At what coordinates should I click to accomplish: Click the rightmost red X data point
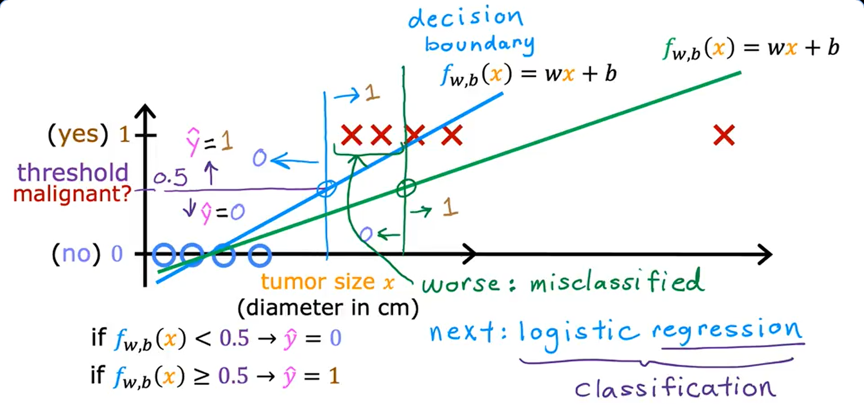[724, 135]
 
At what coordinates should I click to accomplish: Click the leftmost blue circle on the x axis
[163, 255]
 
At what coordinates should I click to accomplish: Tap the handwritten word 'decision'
[465, 18]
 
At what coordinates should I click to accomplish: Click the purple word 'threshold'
[72, 173]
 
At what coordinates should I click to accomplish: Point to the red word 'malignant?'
[72, 194]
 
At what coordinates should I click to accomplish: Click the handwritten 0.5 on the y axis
[170, 177]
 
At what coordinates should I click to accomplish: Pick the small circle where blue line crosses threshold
[326, 188]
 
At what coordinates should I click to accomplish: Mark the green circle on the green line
[406, 188]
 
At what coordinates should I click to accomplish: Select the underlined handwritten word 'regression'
[727, 331]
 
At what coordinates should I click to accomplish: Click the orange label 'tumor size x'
[328, 282]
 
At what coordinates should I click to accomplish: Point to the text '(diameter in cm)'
[328, 308]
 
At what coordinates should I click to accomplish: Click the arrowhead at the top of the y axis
[145, 110]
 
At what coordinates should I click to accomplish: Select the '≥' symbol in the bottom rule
[202, 376]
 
